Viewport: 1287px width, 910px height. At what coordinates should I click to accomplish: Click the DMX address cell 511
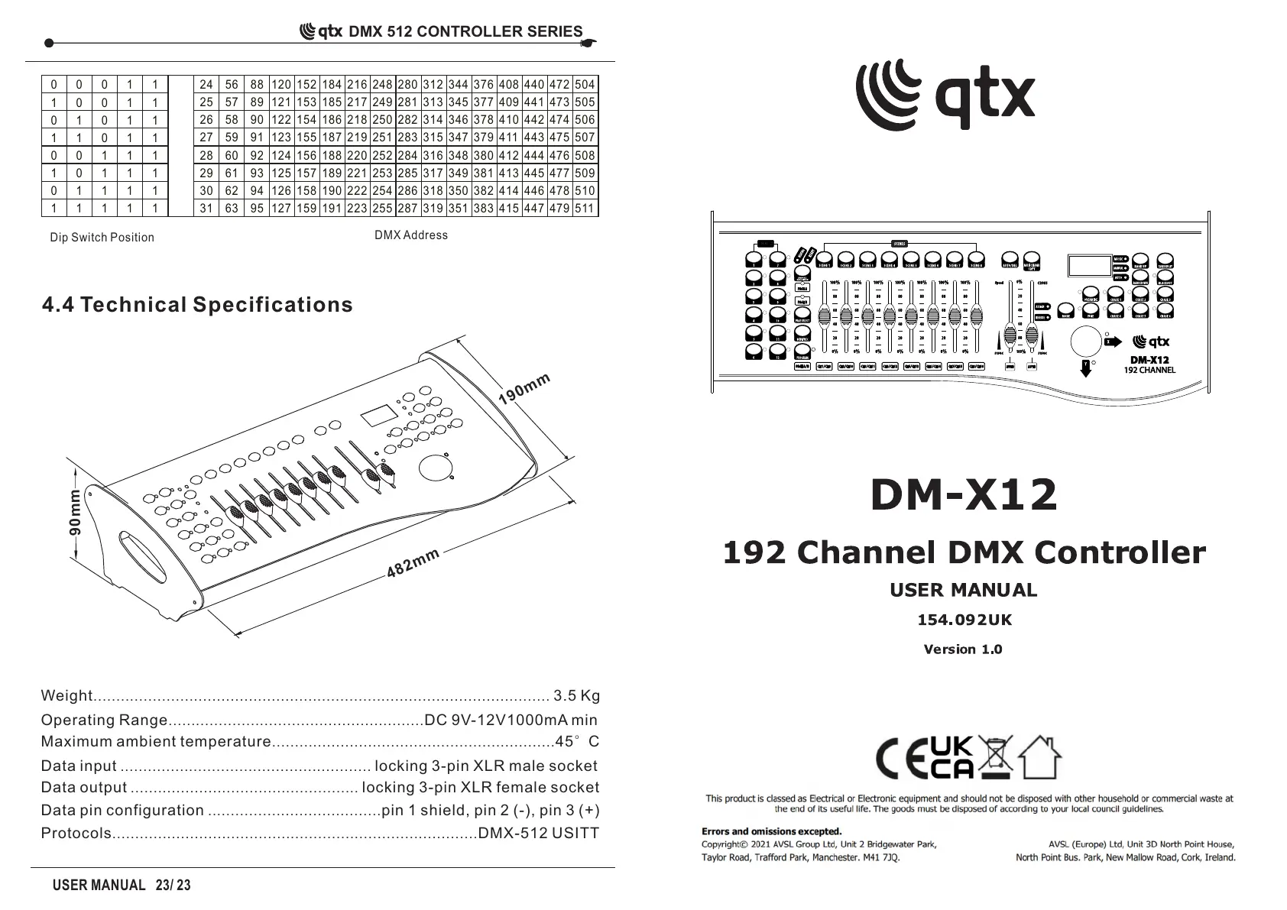[585, 208]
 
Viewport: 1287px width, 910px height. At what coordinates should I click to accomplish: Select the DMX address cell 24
[206, 85]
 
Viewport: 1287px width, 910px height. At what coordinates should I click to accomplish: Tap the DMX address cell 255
[382, 208]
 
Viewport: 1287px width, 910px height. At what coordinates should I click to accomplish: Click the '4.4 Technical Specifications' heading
[197, 305]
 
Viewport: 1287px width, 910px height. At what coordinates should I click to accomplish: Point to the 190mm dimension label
[524, 389]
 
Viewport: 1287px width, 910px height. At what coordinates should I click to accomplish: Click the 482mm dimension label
[413, 563]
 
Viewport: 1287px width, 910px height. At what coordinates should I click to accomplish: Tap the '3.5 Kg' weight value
[576, 695]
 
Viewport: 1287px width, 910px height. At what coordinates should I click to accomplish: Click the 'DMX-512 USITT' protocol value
[538, 833]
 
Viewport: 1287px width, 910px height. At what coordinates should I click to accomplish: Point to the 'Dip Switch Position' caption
[102, 238]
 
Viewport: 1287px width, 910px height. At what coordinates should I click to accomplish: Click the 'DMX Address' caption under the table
[411, 235]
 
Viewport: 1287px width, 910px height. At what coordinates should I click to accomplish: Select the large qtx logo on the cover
[945, 95]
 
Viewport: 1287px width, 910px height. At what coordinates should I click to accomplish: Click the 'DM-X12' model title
[964, 494]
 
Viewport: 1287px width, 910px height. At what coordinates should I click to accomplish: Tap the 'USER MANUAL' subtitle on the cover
[963, 590]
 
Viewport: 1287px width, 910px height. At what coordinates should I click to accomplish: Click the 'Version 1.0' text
[963, 649]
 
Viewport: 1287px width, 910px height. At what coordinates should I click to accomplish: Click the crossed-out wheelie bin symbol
[995, 756]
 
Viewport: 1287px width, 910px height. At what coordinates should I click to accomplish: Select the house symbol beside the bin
[1039, 756]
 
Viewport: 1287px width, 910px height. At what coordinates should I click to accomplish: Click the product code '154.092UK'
[964, 620]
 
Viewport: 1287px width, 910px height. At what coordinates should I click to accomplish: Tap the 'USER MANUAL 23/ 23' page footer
[122, 886]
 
